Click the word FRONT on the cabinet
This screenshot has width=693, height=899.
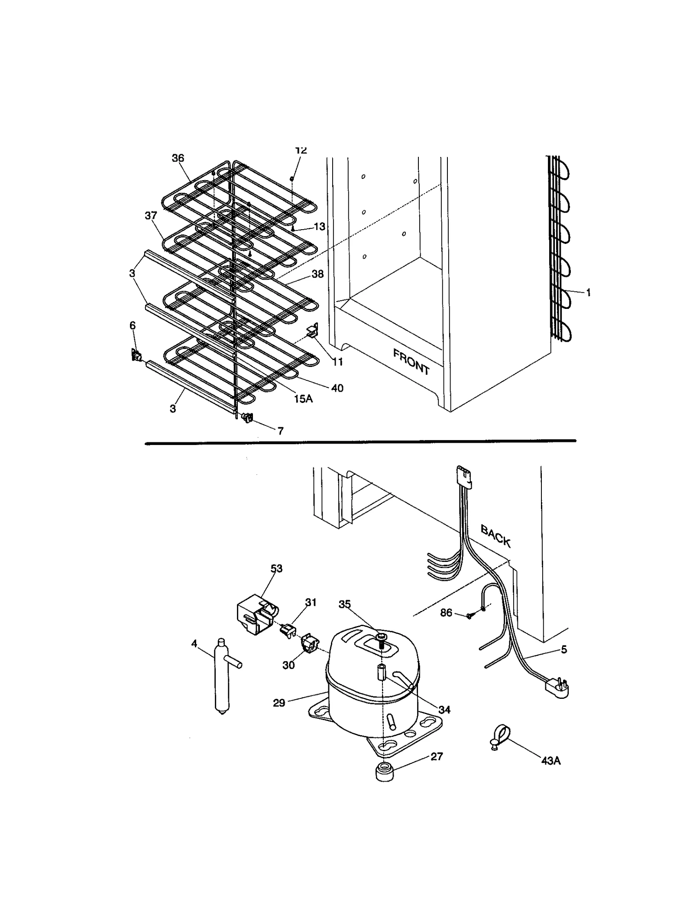pos(411,362)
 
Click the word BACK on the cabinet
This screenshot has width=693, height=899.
pos(496,536)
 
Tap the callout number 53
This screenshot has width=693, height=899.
pos(276,568)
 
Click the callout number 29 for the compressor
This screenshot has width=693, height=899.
pos(279,703)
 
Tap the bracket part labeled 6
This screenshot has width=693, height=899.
pos(136,356)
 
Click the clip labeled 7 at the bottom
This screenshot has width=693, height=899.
pos(248,418)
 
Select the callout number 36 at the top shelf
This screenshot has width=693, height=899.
pos(178,158)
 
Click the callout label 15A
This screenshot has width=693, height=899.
pos(303,399)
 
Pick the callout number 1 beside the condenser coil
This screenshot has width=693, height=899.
pos(588,293)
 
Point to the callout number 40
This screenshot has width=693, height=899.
pos(337,388)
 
